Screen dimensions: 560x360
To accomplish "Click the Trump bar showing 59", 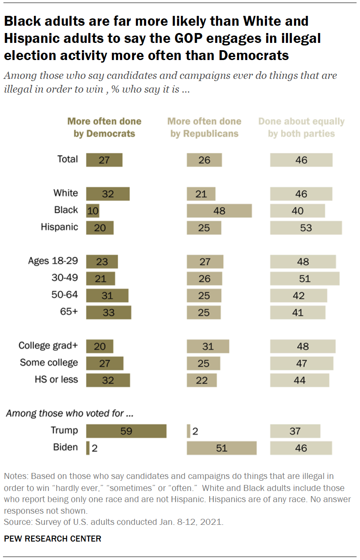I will (x=126, y=431).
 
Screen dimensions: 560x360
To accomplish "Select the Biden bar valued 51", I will (x=222, y=448).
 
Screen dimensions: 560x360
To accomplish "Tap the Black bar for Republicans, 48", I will (x=219, y=211).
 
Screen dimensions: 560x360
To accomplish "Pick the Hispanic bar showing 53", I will (x=306, y=228).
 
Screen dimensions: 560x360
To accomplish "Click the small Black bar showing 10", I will (x=93, y=211).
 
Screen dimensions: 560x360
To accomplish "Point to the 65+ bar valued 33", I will (x=108, y=313).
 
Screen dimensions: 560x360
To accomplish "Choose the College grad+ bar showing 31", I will (x=208, y=346).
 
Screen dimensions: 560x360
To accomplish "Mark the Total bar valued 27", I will (x=104, y=160).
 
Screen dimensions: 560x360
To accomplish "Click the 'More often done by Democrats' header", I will (x=104, y=127).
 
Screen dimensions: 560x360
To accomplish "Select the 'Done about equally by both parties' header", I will (x=301, y=127).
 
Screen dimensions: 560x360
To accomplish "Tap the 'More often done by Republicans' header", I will (x=204, y=127).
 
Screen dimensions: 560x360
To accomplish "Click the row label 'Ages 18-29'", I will (x=53, y=261).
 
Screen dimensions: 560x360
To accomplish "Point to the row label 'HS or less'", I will (x=56, y=379).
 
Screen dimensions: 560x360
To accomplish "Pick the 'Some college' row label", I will (x=49, y=363).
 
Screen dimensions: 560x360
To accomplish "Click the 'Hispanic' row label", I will (x=59, y=227).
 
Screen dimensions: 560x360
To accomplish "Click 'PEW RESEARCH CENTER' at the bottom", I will (x=53, y=539).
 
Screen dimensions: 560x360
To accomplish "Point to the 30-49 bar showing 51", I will (x=305, y=279).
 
